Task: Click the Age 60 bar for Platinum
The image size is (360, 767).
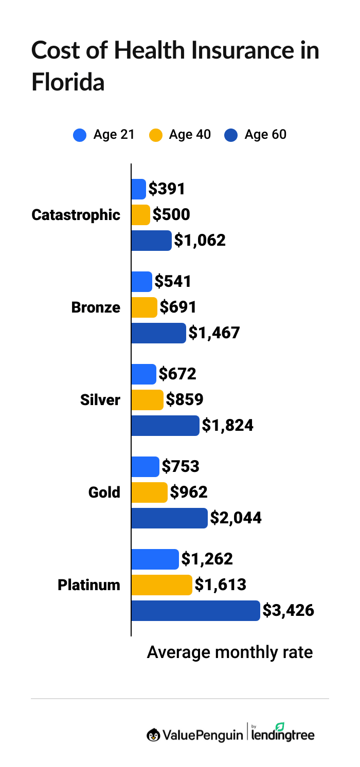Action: click(195, 611)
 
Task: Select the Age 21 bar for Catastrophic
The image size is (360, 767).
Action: click(139, 189)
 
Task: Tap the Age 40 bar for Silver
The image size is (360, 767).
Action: click(148, 400)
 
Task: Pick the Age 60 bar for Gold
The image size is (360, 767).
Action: click(169, 518)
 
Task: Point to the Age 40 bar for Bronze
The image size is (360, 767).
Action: click(145, 307)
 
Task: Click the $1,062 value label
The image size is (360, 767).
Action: click(200, 241)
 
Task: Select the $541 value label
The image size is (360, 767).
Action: click(173, 282)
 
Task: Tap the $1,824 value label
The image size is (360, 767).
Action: click(227, 426)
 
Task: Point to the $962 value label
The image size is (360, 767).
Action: click(189, 492)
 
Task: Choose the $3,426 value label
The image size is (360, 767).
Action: click(288, 611)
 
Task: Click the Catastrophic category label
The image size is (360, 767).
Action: click(76, 215)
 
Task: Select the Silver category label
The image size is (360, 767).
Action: click(100, 400)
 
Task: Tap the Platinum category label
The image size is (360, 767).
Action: click(88, 585)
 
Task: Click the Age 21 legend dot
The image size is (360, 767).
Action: click(80, 135)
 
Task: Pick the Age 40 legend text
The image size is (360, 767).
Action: click(190, 135)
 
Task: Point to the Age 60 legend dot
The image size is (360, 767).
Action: click(231, 135)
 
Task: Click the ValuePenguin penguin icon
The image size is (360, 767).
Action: click(153, 736)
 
